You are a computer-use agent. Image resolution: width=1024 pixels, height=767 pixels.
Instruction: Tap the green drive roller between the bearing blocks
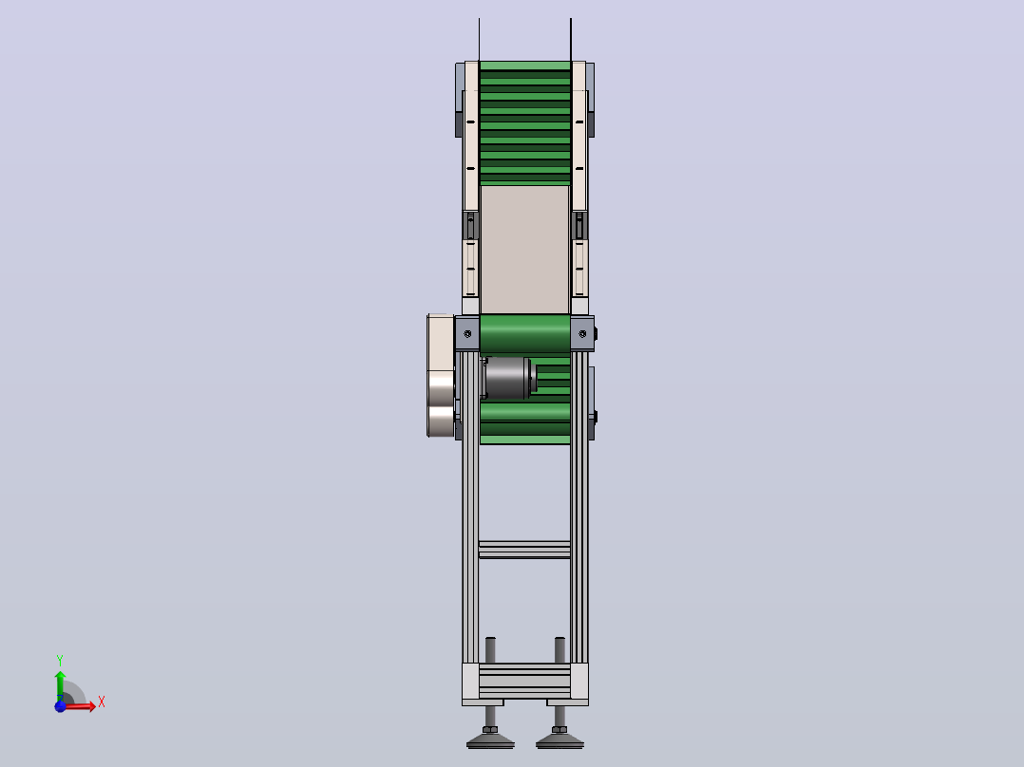click(x=525, y=333)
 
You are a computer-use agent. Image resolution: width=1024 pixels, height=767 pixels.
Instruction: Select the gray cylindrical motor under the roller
click(x=507, y=378)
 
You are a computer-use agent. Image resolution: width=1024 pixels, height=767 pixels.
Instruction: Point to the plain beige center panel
click(x=525, y=250)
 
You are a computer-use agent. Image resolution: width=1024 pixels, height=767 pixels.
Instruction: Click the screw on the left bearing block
click(x=467, y=334)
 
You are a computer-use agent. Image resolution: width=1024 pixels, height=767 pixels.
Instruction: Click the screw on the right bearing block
click(x=583, y=334)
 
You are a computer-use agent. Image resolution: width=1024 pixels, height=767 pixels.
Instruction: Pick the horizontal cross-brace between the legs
click(x=525, y=550)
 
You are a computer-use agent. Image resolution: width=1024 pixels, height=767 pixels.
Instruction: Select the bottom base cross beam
click(x=525, y=681)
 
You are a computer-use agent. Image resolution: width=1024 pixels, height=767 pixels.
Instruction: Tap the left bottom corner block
click(x=470, y=682)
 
